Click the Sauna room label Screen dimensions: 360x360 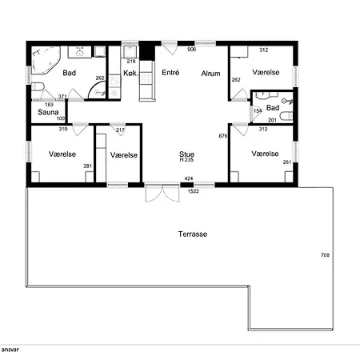click(x=48, y=112)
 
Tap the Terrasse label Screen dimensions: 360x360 click(x=193, y=234)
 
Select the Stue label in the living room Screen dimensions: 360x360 click(x=186, y=154)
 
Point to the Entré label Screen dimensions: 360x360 click(x=170, y=72)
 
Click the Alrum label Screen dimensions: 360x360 click(x=210, y=74)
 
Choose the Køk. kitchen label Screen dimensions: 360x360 click(x=130, y=73)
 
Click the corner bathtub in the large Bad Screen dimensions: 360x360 click(x=46, y=60)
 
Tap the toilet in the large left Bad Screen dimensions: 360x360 click(x=38, y=86)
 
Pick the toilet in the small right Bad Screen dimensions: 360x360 click(x=286, y=116)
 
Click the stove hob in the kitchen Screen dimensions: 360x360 click(x=146, y=78)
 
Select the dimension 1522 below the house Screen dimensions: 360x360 click(x=193, y=191)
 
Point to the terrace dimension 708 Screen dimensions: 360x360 click(x=325, y=255)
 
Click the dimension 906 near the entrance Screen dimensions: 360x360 click(x=192, y=49)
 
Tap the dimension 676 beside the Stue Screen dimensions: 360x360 click(x=223, y=136)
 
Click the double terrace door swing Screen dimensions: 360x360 click(x=162, y=193)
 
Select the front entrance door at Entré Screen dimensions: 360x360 click(x=170, y=48)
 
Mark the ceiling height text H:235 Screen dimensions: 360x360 click(x=186, y=160)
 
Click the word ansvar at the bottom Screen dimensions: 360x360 click(x=10, y=350)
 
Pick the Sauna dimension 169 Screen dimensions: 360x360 click(x=49, y=105)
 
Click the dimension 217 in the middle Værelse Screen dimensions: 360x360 click(x=120, y=130)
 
